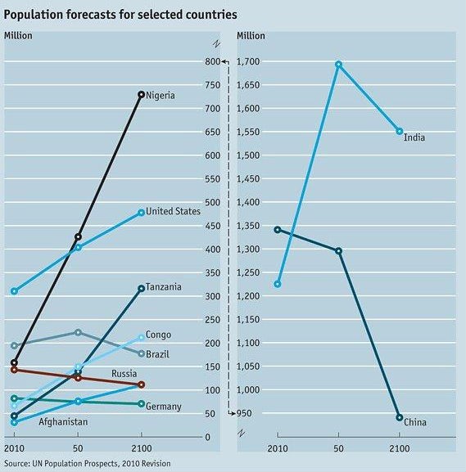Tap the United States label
tap(173, 211)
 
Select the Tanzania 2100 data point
tap(141, 288)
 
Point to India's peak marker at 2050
tap(338, 64)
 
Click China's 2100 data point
tap(399, 417)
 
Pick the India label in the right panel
tap(414, 137)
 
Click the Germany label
tap(164, 407)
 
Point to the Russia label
tap(124, 374)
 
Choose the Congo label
tap(158, 334)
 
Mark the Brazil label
tap(159, 353)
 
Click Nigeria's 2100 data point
tap(141, 95)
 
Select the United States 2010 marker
tap(14, 290)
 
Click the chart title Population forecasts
tap(120, 14)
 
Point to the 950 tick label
tap(251, 414)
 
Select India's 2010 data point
tap(278, 284)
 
